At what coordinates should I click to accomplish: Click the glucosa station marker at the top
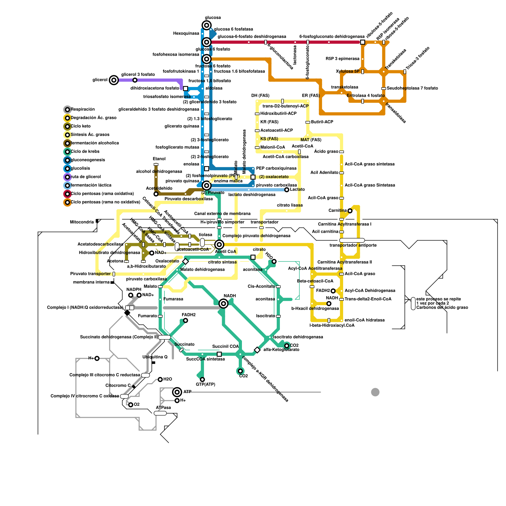(x=207, y=25)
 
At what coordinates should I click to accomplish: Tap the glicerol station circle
(x=114, y=80)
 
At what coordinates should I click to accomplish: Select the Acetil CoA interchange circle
(x=219, y=244)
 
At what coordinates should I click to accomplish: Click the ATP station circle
(x=177, y=392)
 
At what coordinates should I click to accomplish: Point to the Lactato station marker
(x=287, y=190)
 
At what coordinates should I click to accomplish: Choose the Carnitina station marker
(x=350, y=211)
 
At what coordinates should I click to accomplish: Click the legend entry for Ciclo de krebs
(x=67, y=152)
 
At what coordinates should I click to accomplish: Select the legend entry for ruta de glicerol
(x=67, y=177)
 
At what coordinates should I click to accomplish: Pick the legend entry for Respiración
(x=67, y=110)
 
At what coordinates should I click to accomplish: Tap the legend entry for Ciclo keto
(x=67, y=126)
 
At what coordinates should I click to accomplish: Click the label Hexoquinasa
(x=186, y=34)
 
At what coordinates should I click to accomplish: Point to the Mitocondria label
(x=82, y=222)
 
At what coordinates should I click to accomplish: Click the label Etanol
(x=159, y=159)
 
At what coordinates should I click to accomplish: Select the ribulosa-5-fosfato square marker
(x=362, y=42)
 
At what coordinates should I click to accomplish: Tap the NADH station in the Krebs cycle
(x=223, y=304)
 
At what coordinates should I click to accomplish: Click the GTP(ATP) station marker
(x=202, y=379)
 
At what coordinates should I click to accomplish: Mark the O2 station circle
(x=131, y=405)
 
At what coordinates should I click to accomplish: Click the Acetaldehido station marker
(x=156, y=194)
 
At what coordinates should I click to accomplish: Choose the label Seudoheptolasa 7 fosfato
(x=412, y=88)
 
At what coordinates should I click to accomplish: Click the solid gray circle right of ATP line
(x=375, y=392)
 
